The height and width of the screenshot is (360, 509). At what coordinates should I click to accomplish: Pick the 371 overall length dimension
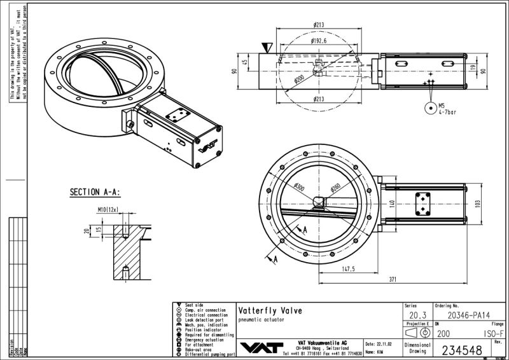[393, 279]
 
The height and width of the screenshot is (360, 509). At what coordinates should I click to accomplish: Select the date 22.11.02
[385, 342]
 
